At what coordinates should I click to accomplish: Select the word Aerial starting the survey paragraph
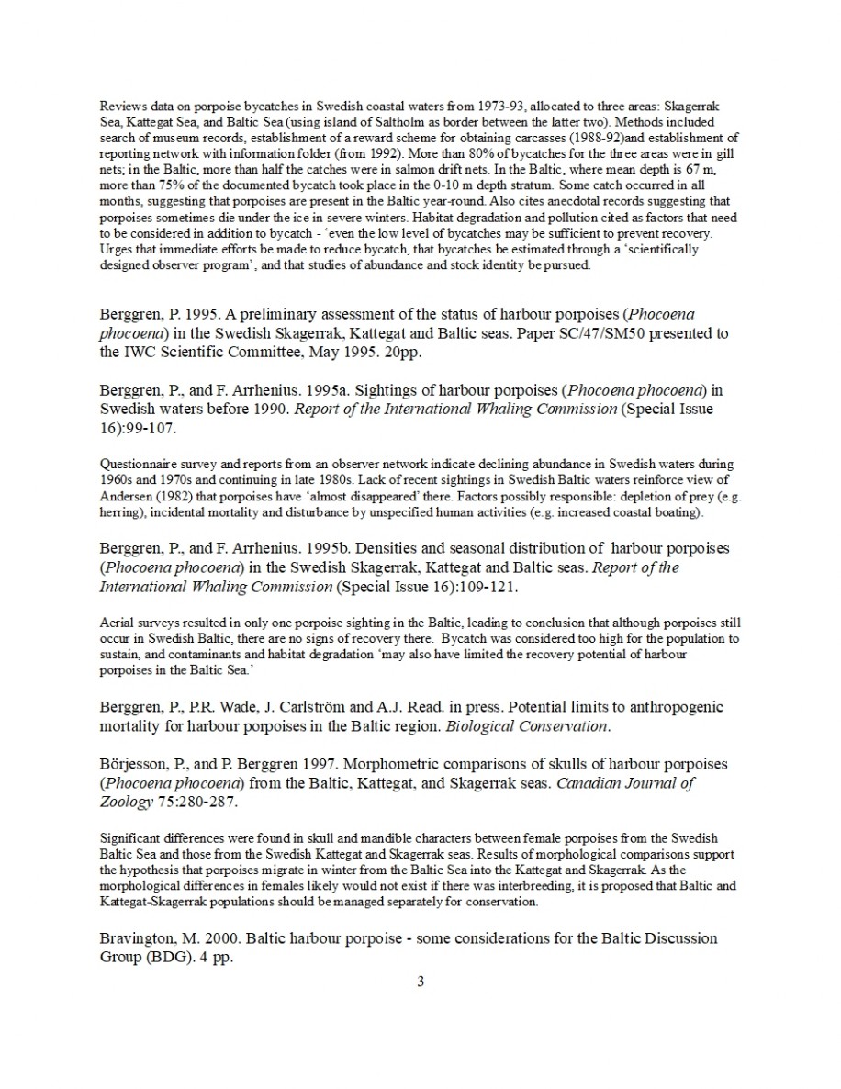pos(116,623)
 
